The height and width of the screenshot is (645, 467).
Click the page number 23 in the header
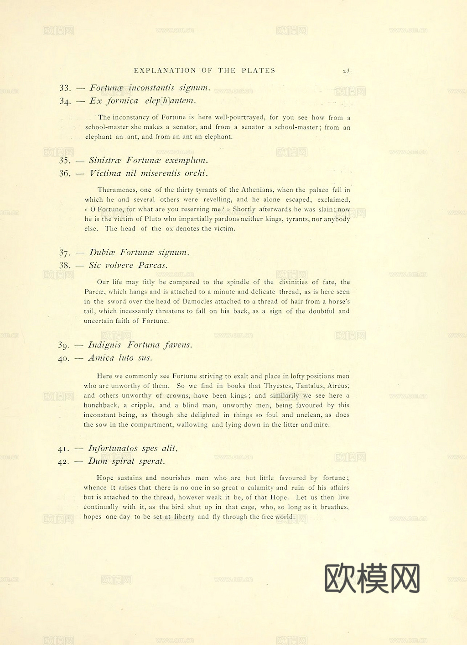pos(346,71)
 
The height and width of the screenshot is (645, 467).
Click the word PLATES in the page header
pos(259,70)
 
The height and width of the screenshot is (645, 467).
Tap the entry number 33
pos(65,88)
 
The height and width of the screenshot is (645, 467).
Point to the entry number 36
pos(65,173)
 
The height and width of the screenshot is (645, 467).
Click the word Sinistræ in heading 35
pos(105,160)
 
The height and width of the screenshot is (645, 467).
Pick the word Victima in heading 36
pos(105,173)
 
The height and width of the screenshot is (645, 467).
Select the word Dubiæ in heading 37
pos(102,252)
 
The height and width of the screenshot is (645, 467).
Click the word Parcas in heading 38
pos(153,265)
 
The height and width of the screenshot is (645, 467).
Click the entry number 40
pos(63,358)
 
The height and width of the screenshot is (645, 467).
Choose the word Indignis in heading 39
pos(104,345)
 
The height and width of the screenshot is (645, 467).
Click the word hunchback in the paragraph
pos(101,405)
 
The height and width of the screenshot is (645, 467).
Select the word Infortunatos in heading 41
pos(113,448)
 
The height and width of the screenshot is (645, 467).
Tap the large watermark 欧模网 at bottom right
pos(372,578)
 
